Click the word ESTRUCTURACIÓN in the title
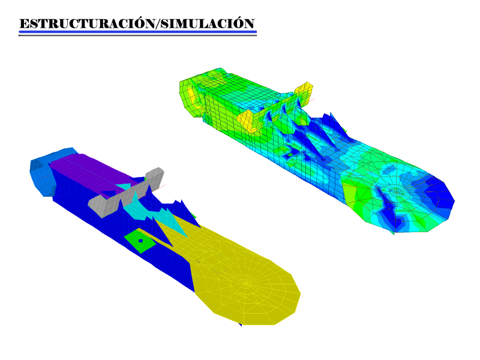pyautogui.click(x=88, y=23)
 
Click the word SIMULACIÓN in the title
pyautogui.click(x=208, y=23)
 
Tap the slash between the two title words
pyautogui.click(x=158, y=24)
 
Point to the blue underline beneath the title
pyautogui.click(x=138, y=32)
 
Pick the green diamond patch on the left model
pyautogui.click(x=140, y=241)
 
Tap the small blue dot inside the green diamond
pyautogui.click(x=140, y=241)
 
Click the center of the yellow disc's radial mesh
pyautogui.click(x=245, y=283)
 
